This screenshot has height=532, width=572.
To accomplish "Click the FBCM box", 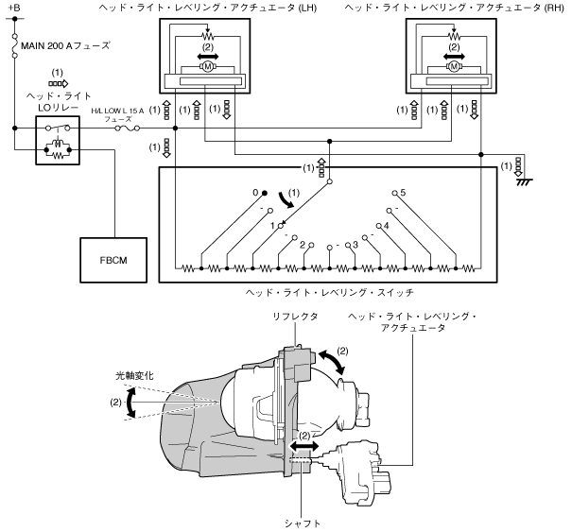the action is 113,260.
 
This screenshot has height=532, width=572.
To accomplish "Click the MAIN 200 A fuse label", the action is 65,45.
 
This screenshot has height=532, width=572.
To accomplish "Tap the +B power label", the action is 14,8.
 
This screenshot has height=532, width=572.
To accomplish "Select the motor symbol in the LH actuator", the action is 208,66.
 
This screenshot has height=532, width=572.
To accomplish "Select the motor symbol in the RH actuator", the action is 454,66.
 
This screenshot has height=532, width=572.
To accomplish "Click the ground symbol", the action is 524,181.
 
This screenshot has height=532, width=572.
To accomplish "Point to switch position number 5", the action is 403,192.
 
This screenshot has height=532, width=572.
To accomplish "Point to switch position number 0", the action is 255,192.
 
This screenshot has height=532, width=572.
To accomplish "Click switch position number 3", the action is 355,245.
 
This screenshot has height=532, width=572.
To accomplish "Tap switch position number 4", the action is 387,225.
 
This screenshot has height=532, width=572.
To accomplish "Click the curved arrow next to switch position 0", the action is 286,200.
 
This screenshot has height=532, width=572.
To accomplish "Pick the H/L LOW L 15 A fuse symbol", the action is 127,128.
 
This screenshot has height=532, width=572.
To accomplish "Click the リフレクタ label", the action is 295,317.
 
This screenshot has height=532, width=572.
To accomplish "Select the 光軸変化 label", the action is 134,375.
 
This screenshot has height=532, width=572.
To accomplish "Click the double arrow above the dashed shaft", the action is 304,446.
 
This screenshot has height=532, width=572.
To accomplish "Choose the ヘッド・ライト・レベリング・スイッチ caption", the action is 329,292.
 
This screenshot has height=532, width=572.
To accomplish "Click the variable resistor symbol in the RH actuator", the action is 454,35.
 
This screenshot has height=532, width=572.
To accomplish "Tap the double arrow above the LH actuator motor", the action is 208,56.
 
